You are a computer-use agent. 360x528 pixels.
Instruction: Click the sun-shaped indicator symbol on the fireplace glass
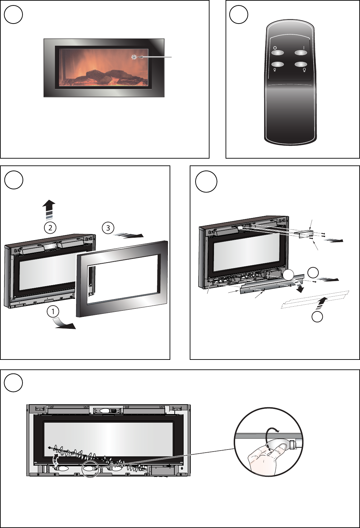(x=134, y=57)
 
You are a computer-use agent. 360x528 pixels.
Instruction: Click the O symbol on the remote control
(x=275, y=48)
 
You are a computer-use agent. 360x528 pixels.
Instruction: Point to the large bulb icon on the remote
(x=305, y=70)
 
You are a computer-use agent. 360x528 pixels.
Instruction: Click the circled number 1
(x=53, y=312)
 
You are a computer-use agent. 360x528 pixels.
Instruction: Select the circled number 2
(x=50, y=228)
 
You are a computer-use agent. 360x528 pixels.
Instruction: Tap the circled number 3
(x=108, y=228)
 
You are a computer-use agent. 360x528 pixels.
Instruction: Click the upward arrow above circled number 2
(x=49, y=209)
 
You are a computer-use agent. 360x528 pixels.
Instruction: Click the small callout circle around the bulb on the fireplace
(x=90, y=469)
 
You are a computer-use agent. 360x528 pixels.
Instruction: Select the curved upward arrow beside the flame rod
(x=55, y=460)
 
